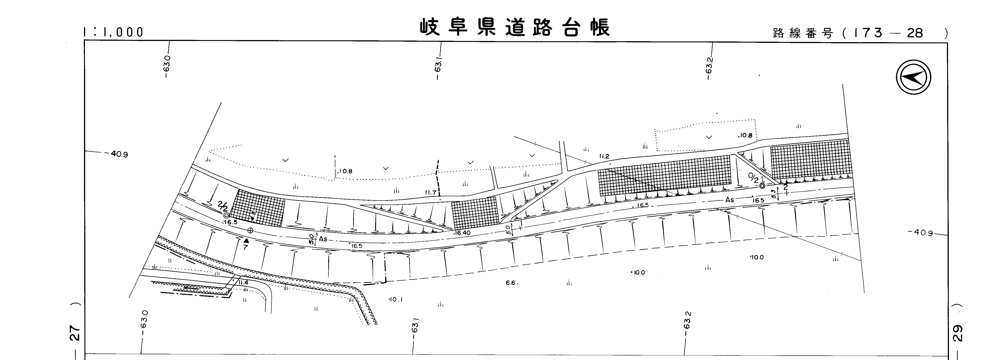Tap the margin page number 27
click(76, 333)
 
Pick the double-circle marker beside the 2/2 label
click(227, 215)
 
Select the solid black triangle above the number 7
click(246, 240)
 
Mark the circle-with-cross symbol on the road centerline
click(250, 230)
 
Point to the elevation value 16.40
click(463, 233)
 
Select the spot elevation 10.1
click(395, 300)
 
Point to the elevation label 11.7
click(431, 193)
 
